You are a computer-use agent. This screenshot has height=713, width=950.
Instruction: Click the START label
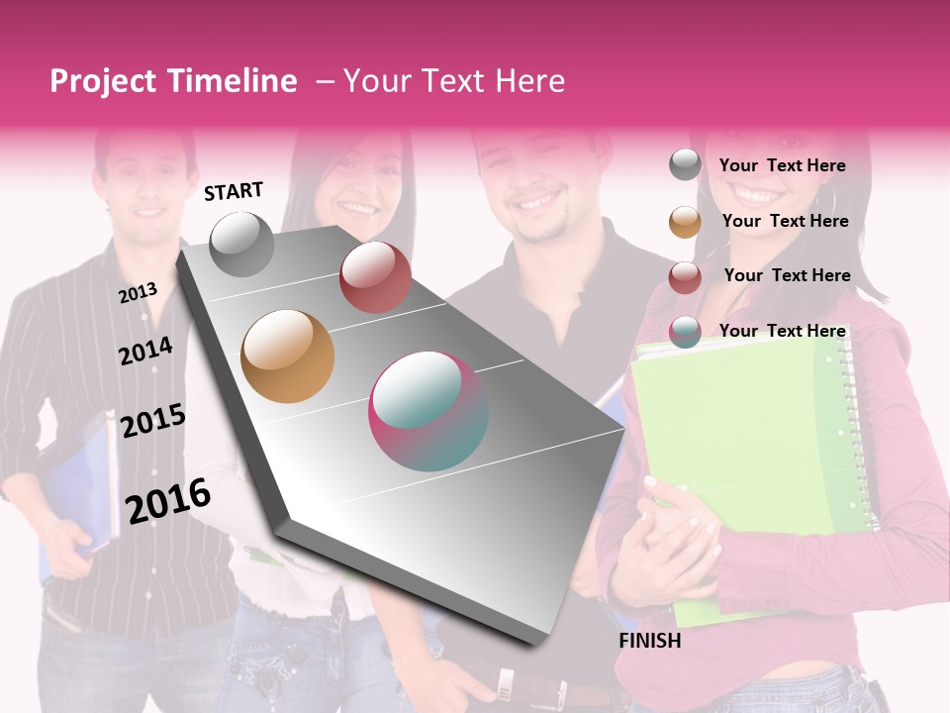(x=234, y=191)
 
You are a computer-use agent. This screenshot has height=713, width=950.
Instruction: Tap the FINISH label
(x=649, y=641)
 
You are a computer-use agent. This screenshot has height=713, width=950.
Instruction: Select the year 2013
(x=139, y=292)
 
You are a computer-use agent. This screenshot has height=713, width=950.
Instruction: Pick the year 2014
(x=145, y=351)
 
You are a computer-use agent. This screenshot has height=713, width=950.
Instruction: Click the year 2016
(x=168, y=500)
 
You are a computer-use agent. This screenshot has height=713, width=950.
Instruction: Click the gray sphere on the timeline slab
(x=241, y=245)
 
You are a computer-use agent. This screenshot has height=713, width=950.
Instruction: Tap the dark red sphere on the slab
(x=375, y=277)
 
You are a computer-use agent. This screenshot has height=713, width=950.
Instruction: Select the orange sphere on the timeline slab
(x=288, y=356)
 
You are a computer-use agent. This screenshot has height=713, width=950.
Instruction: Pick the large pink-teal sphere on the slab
(x=428, y=412)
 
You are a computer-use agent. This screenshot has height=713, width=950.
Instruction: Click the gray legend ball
(x=685, y=165)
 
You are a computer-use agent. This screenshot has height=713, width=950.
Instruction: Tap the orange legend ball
(x=685, y=222)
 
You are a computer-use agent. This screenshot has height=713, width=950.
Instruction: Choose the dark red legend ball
(x=685, y=277)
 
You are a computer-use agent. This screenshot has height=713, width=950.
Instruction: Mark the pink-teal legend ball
(x=685, y=332)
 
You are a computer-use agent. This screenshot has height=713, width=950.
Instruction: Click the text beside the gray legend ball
(x=782, y=165)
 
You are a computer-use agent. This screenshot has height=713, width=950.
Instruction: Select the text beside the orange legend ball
(x=785, y=221)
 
